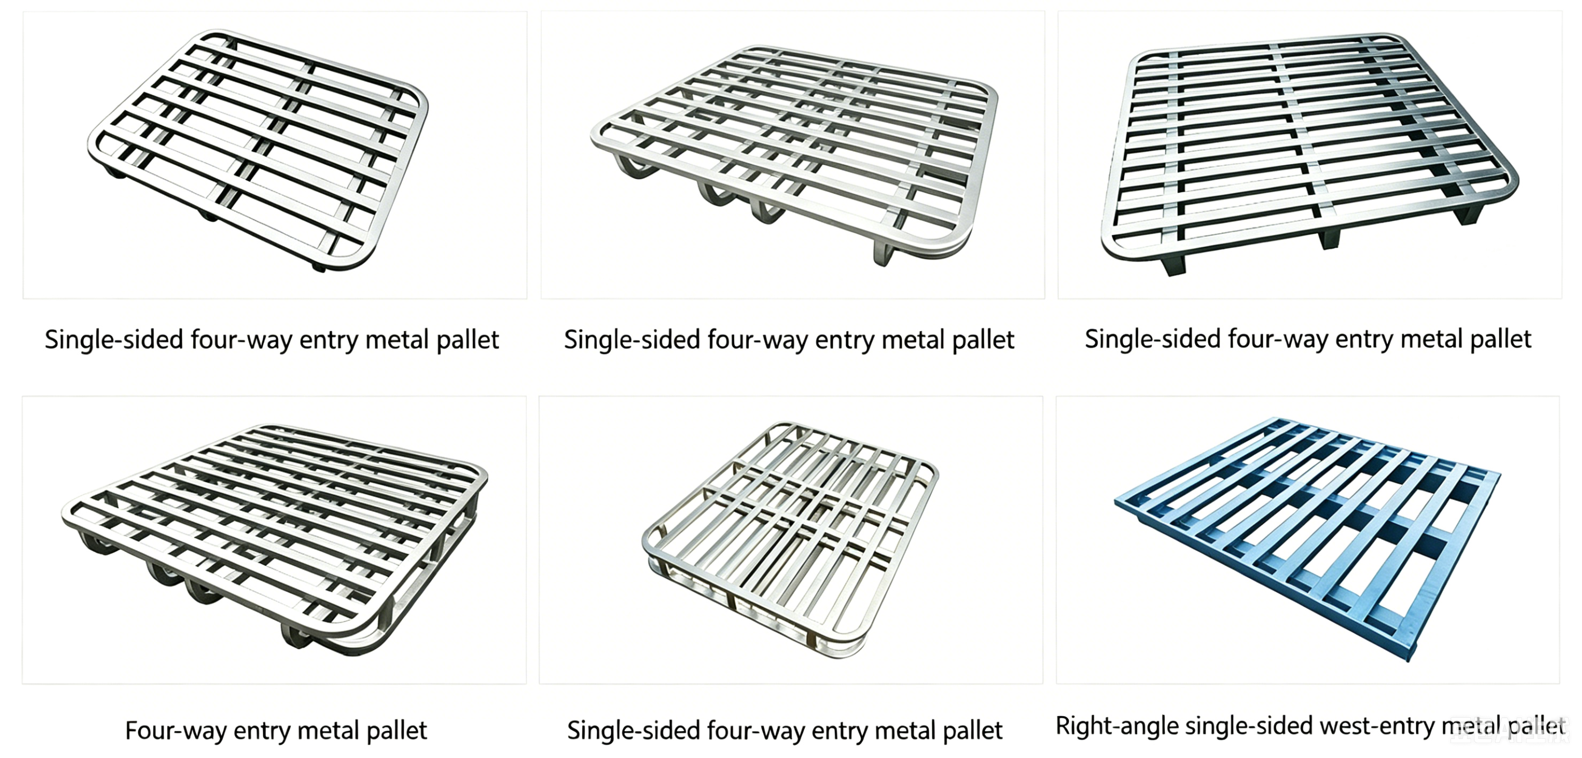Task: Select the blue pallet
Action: pos(1308,539)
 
